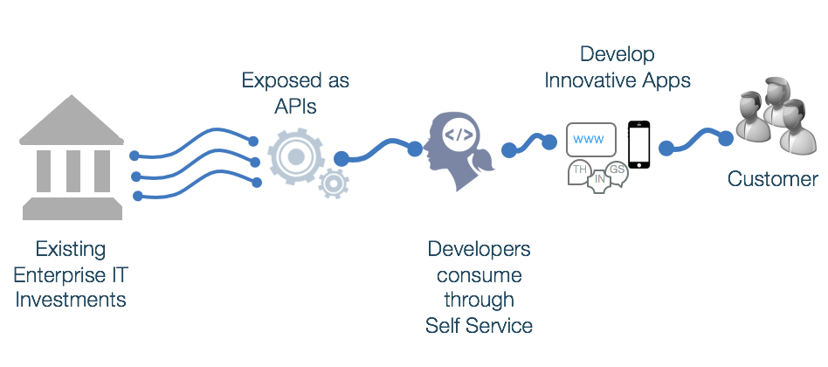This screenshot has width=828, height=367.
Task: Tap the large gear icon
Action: [x=295, y=156]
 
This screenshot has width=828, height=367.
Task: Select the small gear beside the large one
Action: [x=333, y=183]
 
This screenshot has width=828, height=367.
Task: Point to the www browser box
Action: [x=591, y=140]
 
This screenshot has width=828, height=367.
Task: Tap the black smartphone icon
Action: [x=640, y=142]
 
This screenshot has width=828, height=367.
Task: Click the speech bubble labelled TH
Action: [x=579, y=170]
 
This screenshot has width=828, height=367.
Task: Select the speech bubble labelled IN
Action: [x=599, y=181]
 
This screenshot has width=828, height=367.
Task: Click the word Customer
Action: [x=773, y=180]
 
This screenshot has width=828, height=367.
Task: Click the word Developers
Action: [x=479, y=249]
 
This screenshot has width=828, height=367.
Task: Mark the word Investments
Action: [x=70, y=300]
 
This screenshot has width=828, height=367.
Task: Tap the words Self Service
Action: [x=479, y=326]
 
